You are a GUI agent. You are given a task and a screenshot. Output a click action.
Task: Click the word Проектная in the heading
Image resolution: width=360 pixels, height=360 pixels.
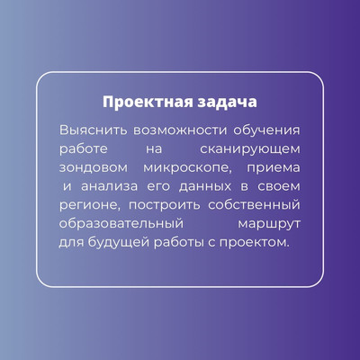click(148, 103)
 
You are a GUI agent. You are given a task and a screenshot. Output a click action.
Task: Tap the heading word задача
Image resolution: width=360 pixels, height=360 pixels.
click(228, 103)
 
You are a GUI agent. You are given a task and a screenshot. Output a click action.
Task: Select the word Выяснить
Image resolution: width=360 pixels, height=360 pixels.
click(94, 130)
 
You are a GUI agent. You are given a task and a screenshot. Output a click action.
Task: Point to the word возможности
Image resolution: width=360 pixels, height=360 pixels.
click(180, 130)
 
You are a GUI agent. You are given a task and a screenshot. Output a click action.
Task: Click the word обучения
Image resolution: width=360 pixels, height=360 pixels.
click(266, 132)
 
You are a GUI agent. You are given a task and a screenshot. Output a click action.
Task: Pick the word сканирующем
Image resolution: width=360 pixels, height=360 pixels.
click(250, 149)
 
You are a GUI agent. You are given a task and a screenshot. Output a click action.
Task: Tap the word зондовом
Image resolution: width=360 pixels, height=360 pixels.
click(94, 168)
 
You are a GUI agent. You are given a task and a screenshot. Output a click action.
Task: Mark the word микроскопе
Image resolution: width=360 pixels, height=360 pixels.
click(188, 168)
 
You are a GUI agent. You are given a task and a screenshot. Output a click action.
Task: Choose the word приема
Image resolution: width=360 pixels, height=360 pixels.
click(274, 168)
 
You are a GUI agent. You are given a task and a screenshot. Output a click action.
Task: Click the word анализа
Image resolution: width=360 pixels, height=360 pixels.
click(110, 186)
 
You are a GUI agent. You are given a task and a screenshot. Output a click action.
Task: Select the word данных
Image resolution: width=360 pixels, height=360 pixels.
click(205, 187)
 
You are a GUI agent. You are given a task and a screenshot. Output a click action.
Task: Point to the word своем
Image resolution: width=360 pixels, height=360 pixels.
click(279, 186)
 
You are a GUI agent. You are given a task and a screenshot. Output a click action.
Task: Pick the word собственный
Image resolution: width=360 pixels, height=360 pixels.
click(254, 205)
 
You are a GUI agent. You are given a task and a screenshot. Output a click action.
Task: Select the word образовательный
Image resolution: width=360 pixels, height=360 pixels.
click(121, 224)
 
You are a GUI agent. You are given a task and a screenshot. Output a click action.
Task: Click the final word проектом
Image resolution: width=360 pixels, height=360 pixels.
click(255, 243)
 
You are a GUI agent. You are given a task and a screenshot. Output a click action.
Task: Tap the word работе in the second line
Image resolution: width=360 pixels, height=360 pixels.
click(84, 149)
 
